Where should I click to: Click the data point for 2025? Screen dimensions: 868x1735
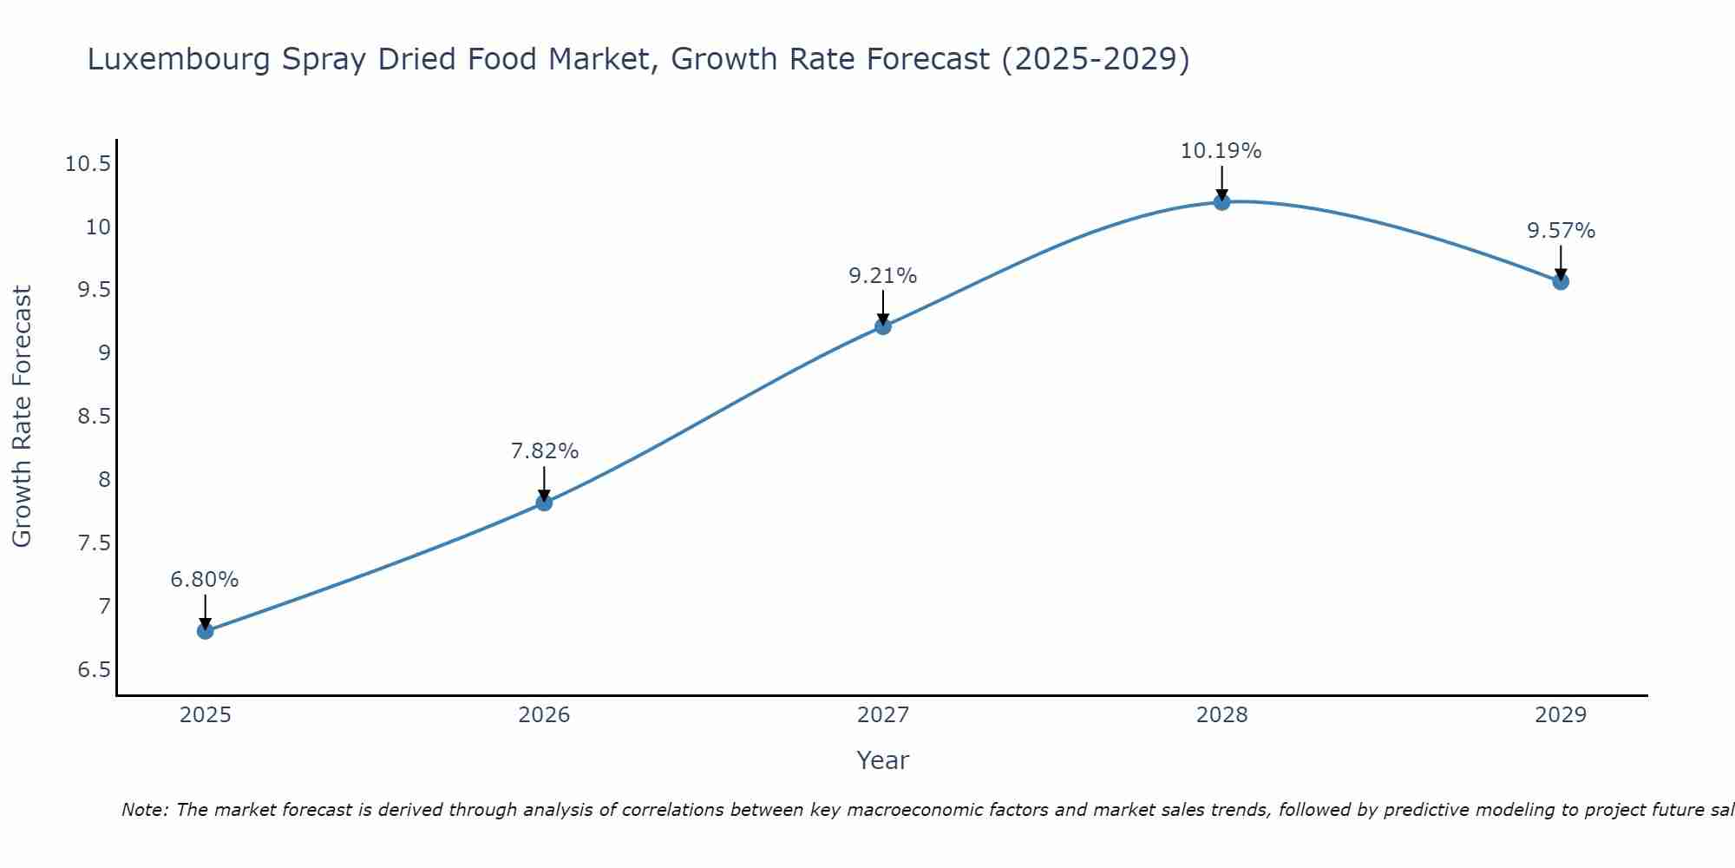point(206,631)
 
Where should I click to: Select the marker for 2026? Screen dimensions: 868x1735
point(544,503)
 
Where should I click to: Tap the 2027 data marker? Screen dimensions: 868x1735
point(883,326)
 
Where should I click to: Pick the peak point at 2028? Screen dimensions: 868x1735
point(1221,202)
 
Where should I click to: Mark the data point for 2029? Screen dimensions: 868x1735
point(1561,281)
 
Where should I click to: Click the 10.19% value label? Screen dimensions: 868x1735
point(1221,151)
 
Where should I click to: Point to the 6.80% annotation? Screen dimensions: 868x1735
point(205,580)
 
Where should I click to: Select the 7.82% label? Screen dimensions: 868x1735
point(544,451)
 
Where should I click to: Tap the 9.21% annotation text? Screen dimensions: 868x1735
point(882,276)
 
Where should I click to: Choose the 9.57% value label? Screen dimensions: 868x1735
point(1561,231)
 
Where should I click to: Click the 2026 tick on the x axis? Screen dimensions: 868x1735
point(544,715)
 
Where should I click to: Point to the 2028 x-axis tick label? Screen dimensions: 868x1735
point(1221,715)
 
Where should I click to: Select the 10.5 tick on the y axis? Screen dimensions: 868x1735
point(88,164)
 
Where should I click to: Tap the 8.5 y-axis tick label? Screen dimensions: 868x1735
point(94,417)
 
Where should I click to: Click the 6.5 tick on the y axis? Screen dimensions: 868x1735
point(94,670)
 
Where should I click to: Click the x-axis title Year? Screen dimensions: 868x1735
point(882,760)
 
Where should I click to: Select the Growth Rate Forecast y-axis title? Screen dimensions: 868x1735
point(22,417)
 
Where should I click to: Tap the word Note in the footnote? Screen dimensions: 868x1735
point(144,810)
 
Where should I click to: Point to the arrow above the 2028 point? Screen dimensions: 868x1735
point(1221,182)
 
